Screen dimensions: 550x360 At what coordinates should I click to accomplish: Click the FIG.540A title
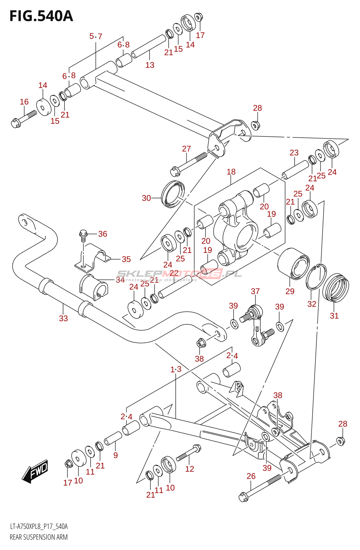(41, 16)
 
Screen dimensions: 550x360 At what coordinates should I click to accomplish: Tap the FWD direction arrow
(35, 471)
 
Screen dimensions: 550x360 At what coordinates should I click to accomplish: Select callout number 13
(150, 65)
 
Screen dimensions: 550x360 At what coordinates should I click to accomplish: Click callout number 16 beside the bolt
(24, 102)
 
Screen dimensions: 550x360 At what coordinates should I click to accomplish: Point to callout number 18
(231, 172)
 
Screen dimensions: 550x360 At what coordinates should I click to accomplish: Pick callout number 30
(146, 198)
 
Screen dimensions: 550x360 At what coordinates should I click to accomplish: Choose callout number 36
(103, 234)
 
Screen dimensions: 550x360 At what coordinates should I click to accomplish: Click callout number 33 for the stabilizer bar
(64, 318)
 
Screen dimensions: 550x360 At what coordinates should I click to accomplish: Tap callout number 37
(255, 291)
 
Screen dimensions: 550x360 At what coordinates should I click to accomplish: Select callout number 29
(290, 291)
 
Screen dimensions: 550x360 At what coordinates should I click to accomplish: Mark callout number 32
(312, 304)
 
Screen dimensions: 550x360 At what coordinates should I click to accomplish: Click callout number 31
(334, 316)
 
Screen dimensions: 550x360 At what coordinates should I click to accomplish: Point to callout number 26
(251, 476)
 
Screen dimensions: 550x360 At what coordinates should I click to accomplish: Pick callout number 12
(190, 469)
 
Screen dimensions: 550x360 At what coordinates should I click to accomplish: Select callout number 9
(116, 455)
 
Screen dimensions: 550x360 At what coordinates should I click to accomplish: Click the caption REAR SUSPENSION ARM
(38, 537)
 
